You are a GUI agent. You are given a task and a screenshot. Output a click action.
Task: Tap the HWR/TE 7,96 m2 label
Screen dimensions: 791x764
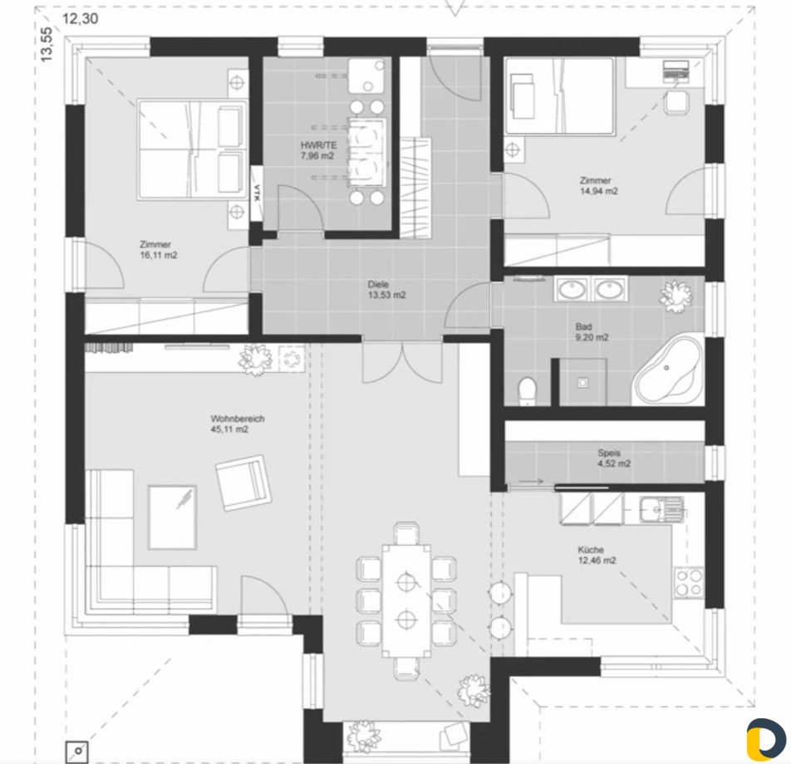coord(317,150)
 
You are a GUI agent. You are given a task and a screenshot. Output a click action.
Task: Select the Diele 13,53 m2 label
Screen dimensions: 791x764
coord(386,290)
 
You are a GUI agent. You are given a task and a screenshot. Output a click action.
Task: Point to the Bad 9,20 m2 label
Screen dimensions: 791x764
coord(592,332)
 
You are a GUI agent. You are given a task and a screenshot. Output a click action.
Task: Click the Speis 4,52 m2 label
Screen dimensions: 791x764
coord(613,458)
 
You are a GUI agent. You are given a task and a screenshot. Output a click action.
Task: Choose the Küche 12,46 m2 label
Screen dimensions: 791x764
coord(597,555)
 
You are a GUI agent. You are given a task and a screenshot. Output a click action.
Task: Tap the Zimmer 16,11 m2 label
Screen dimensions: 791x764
coord(159,250)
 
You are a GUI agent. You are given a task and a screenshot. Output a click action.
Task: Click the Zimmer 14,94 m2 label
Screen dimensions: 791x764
coord(598,185)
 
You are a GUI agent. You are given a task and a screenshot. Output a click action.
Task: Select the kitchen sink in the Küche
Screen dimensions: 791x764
coord(661,509)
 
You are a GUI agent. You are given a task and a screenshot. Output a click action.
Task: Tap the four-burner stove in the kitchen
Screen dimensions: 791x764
coord(689,582)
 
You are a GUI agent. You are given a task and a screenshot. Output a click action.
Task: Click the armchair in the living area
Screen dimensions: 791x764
coord(243,482)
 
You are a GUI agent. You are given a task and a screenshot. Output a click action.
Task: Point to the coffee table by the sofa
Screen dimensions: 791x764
coord(172,517)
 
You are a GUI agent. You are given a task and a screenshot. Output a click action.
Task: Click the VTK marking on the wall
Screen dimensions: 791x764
coord(257,193)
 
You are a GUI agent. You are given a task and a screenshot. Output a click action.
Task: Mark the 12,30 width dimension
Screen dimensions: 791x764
coord(81,18)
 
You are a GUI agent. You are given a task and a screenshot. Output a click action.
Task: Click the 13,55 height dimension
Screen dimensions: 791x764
coord(46,44)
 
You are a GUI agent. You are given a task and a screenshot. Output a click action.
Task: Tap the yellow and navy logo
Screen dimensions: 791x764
coord(766,739)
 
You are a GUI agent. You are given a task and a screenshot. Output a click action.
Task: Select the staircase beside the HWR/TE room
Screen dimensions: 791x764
coord(415,187)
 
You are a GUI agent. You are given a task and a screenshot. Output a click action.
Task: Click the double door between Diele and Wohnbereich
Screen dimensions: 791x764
coord(402,361)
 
